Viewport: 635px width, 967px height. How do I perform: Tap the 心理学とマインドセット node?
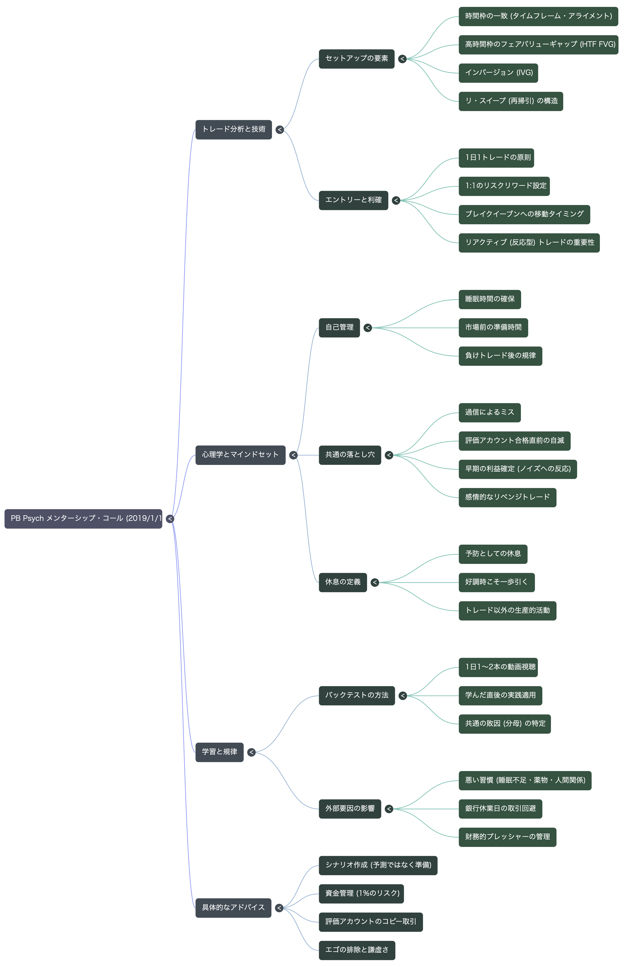pyautogui.click(x=240, y=455)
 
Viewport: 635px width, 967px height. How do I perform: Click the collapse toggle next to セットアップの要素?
pyautogui.click(x=402, y=59)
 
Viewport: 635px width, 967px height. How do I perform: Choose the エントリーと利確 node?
pyautogui.click(x=353, y=200)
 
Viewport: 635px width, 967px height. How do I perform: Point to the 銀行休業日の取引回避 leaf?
pyautogui.click(x=500, y=809)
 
